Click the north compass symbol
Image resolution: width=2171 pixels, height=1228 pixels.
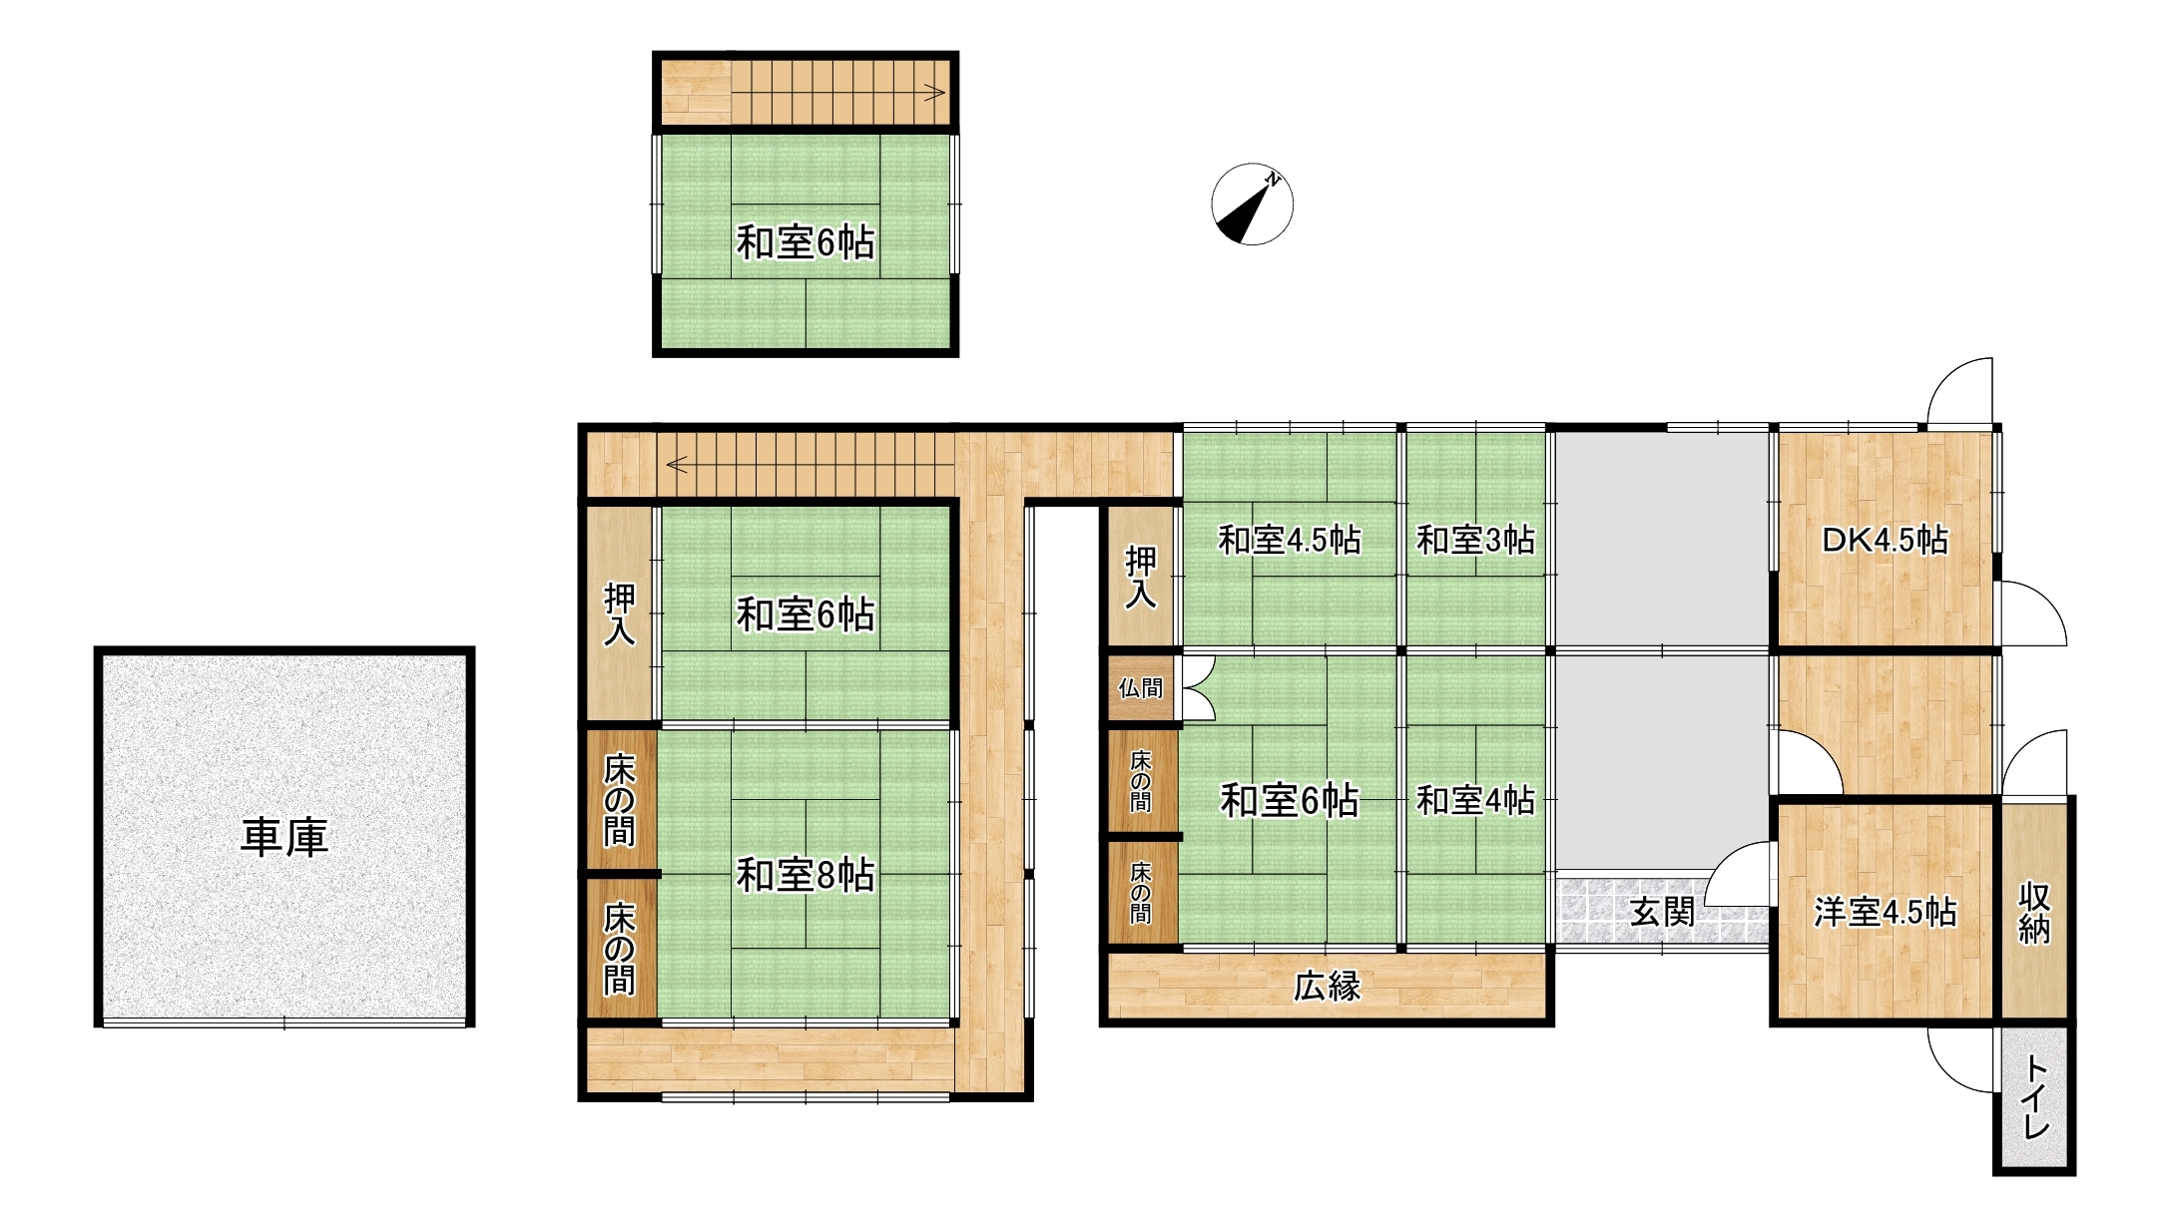point(1252,205)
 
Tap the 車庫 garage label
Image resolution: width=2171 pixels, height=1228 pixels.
point(284,838)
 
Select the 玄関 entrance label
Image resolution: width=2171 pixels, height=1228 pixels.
point(1662,911)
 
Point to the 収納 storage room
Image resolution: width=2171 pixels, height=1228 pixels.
point(2034,912)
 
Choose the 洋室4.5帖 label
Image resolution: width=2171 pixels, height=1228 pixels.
point(1885,912)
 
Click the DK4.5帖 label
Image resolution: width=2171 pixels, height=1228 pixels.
point(1885,540)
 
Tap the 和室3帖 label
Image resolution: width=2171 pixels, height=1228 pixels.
point(1475,540)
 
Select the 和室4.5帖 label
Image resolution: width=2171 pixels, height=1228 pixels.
point(1290,540)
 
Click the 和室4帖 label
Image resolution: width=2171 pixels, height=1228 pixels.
point(1475,800)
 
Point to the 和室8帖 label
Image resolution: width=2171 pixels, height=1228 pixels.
point(805,875)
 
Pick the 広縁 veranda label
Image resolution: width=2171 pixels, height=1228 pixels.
point(1327,987)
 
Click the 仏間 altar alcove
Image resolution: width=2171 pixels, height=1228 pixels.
point(1140,687)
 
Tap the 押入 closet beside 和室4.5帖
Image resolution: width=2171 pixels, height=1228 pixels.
point(1140,577)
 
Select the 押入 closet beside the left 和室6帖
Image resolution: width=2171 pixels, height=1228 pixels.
point(619,614)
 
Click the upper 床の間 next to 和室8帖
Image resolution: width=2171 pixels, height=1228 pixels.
point(619,800)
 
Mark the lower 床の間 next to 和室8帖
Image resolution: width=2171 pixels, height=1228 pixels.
point(619,949)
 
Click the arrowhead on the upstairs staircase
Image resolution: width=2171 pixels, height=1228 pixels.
point(936,93)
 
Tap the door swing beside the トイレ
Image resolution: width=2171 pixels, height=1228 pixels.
point(1958,1059)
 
